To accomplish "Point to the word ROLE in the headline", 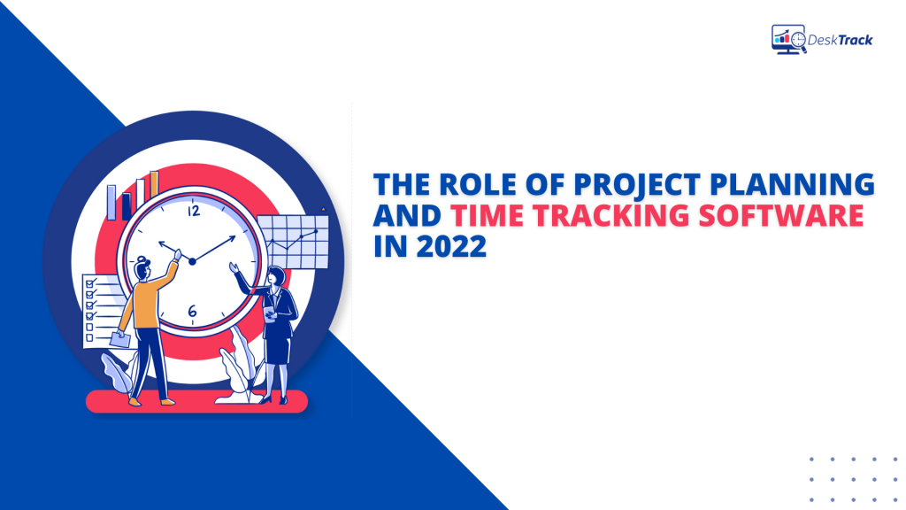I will [x=474, y=185].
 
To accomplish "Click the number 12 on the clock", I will [x=194, y=211].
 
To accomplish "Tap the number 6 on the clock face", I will [x=192, y=311].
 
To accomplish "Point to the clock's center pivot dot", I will [x=191, y=260].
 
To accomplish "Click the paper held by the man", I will [x=121, y=337].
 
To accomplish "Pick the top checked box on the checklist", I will [x=88, y=282].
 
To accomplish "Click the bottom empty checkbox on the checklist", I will [x=88, y=338].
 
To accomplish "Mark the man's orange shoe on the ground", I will [x=134, y=401].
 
